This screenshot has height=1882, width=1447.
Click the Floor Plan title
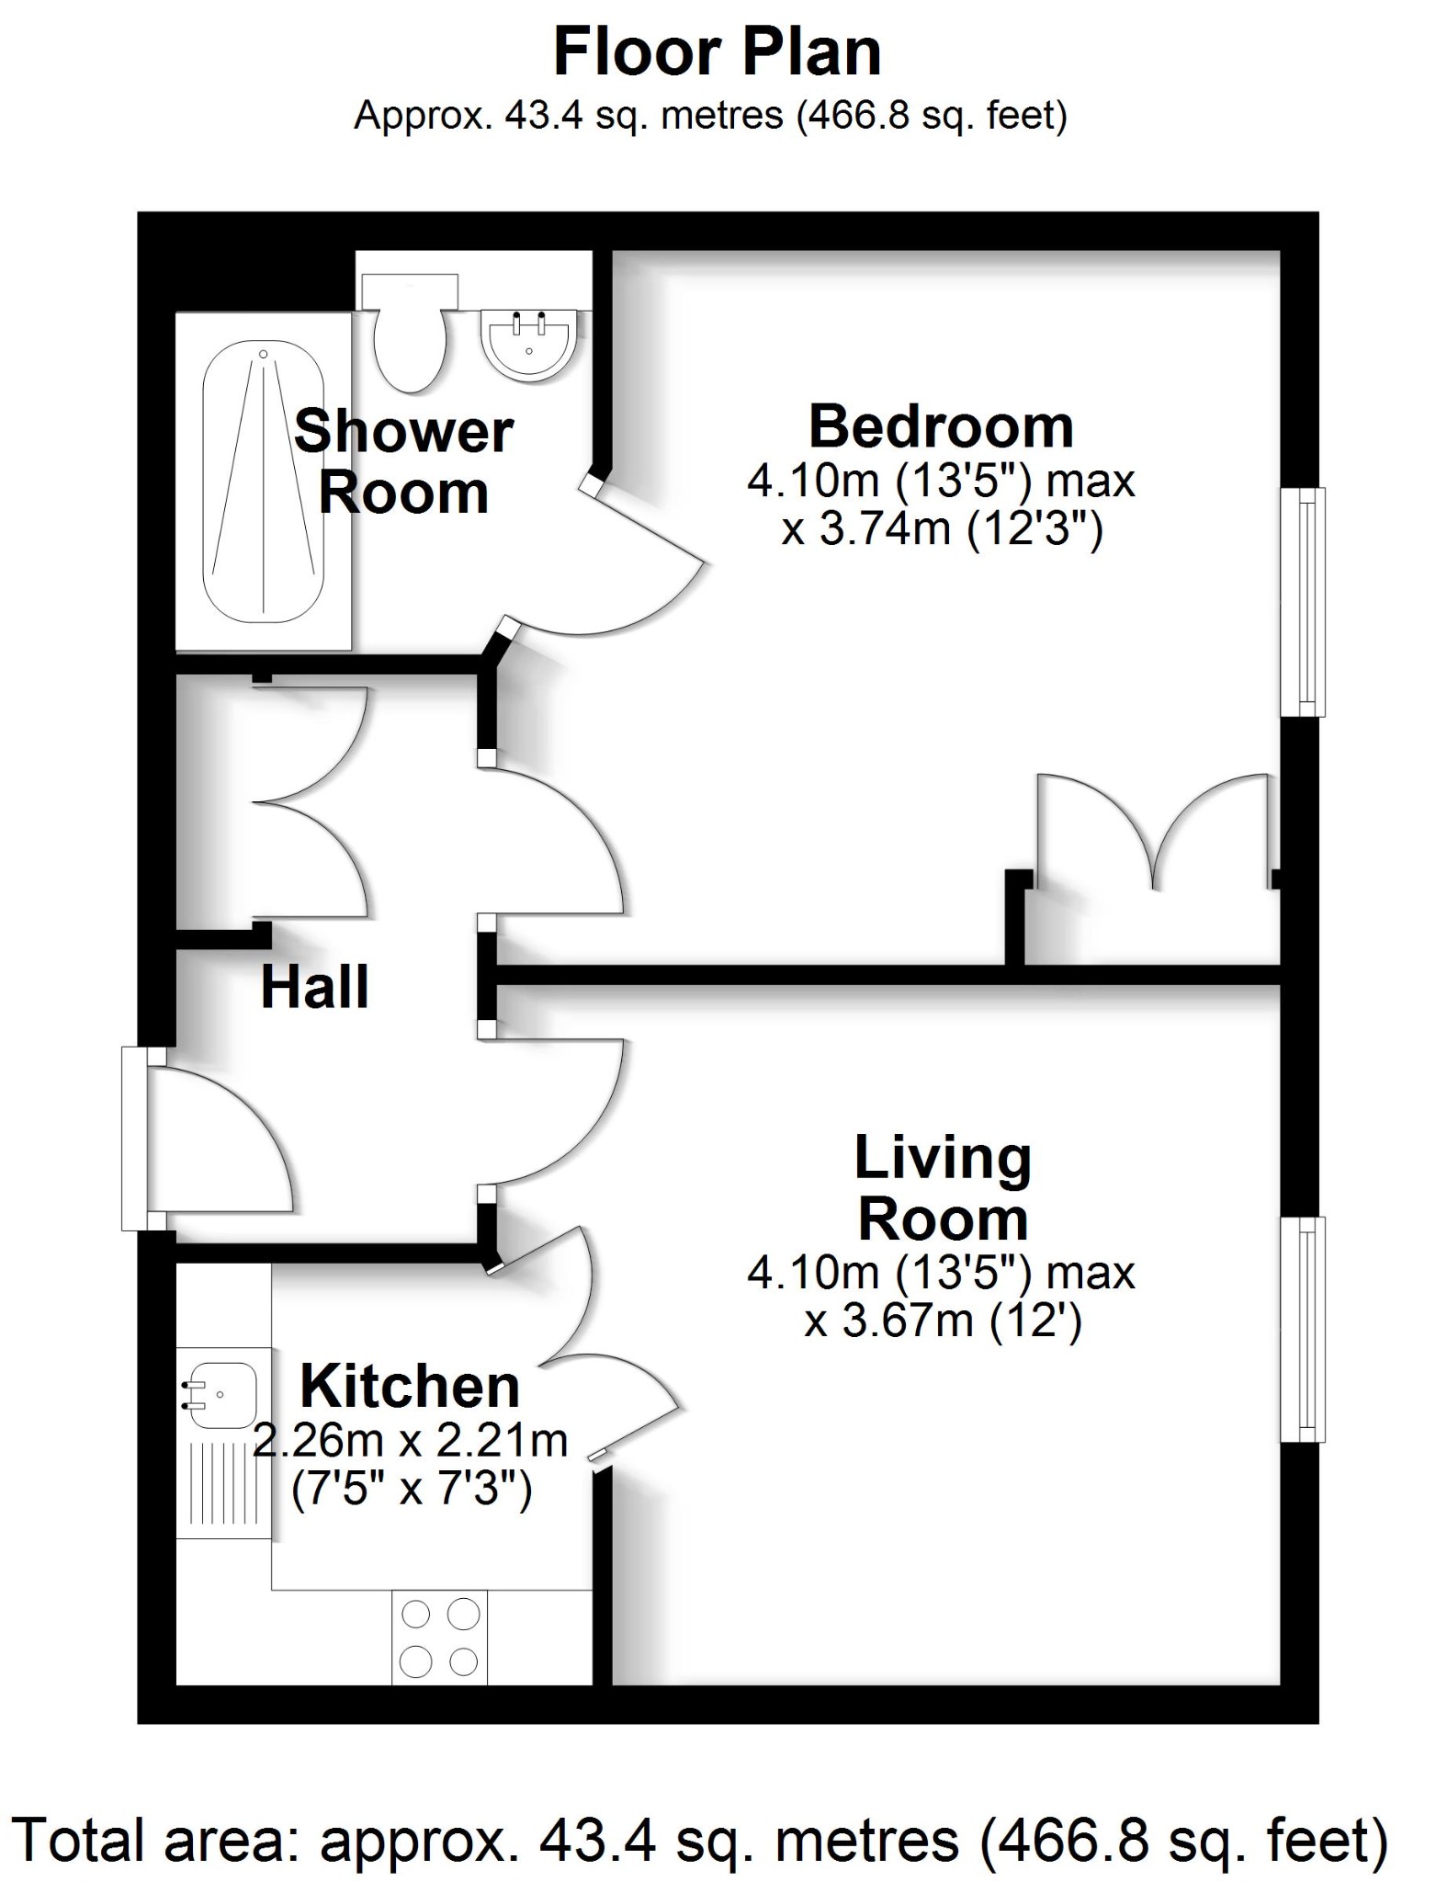[717, 52]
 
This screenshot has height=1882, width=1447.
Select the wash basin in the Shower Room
[529, 345]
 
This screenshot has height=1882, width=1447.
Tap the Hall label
[314, 987]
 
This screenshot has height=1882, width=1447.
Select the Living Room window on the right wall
[1303, 1330]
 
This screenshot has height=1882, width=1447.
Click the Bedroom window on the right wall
[1303, 602]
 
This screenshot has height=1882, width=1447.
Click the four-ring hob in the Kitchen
[440, 1638]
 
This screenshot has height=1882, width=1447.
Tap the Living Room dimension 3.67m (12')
[943, 1321]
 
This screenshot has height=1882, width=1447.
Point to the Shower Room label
[403, 462]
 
